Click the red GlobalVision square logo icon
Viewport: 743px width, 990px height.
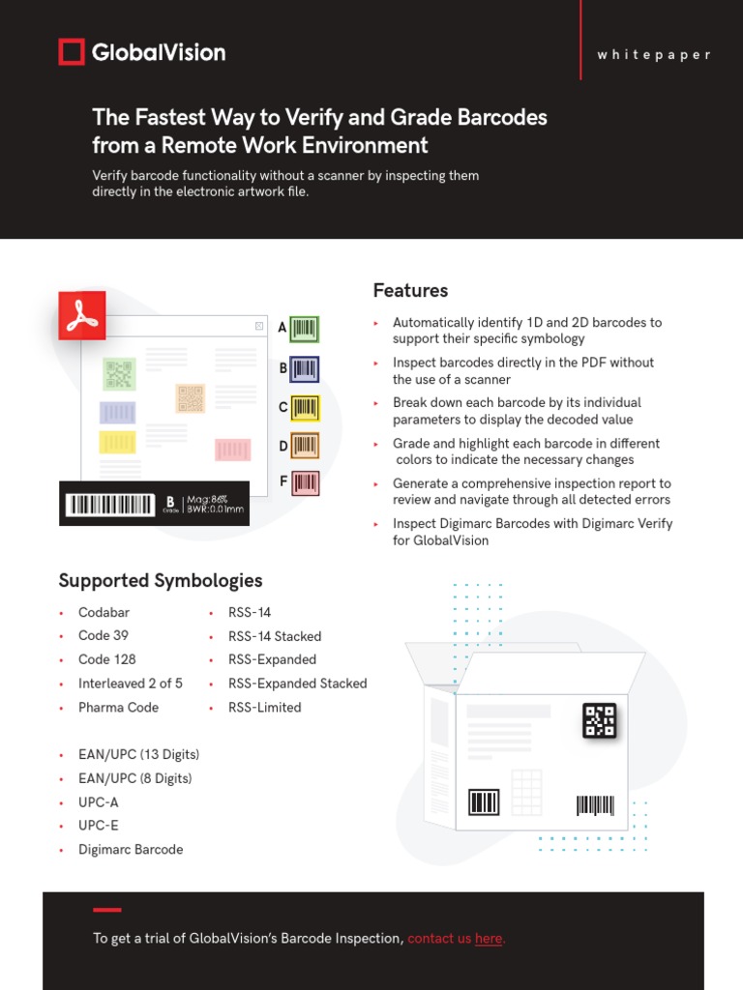pos(72,52)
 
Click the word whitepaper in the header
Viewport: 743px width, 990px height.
pos(654,55)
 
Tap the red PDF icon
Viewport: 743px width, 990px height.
pos(82,316)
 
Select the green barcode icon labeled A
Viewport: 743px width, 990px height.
pos(304,329)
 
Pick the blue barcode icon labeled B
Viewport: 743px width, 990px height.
pos(304,368)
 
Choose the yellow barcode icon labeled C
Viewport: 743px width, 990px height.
pos(304,408)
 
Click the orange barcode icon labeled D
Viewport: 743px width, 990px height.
pos(304,446)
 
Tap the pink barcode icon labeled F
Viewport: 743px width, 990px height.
pos(304,482)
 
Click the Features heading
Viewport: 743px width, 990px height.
pos(410,291)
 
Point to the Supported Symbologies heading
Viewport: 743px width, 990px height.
pos(160,581)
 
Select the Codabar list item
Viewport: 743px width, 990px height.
pos(104,612)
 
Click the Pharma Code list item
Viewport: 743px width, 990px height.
pos(118,708)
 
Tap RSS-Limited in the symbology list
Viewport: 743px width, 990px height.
pos(264,708)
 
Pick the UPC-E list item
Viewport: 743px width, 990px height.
pos(99,826)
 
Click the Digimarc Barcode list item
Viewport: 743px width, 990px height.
pos(131,850)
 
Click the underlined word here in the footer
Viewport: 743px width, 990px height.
pos(489,939)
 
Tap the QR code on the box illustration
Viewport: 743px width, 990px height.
pos(599,720)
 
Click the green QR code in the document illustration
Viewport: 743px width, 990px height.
pos(119,373)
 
